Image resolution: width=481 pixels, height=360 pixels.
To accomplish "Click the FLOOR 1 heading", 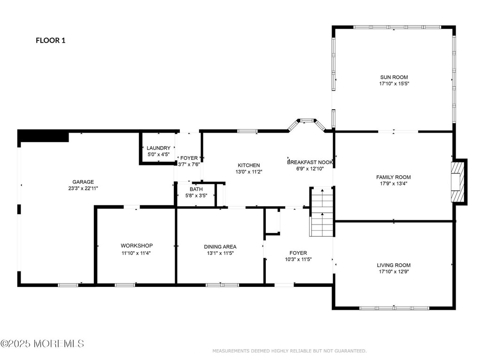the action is (51, 40).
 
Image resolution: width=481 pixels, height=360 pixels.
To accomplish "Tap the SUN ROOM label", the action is (394, 77).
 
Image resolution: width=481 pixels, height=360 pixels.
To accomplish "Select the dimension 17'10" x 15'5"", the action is (394, 83).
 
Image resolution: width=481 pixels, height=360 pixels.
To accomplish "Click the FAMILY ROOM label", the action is (393, 177).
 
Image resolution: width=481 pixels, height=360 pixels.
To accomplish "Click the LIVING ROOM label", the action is (394, 265).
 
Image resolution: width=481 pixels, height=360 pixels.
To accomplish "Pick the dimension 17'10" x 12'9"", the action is (394, 271).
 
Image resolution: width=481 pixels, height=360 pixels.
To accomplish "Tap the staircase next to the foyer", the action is (321, 211).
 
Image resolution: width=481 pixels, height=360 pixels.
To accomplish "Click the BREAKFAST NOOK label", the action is (310, 162).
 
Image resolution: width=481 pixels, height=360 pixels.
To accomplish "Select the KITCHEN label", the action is (249, 165).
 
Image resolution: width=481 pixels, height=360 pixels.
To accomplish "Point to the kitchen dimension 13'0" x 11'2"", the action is (249, 172).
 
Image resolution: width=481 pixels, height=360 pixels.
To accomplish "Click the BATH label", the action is (196, 189).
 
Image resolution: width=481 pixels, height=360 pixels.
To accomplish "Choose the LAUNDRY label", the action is (158, 148).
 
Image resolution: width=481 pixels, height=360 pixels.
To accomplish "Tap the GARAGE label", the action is (83, 182).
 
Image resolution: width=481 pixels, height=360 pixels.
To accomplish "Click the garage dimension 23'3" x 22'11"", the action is (83, 188).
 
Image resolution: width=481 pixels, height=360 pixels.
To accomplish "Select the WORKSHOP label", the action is (137, 246).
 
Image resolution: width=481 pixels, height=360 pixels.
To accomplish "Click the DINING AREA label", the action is (220, 247).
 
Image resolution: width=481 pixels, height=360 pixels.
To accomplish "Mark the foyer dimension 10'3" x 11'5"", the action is (298, 259).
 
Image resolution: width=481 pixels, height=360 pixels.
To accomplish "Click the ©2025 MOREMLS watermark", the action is (42, 344).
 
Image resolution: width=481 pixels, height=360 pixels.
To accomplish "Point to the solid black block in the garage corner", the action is (43, 135).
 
